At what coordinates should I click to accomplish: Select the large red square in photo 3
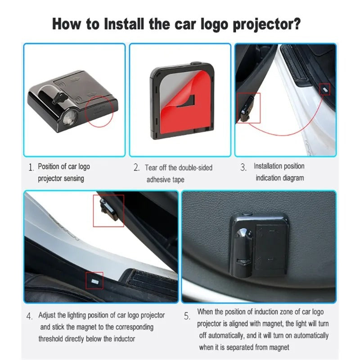pos(249,108)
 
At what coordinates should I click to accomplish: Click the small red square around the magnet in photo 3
pos(324,89)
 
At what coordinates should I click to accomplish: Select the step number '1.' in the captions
pos(31,168)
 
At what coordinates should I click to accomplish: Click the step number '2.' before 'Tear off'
pos(136,168)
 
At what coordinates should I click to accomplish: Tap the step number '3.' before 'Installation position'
pos(243,168)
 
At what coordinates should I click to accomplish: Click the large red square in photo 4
pos(108,211)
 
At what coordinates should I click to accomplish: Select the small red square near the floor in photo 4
pos(94,280)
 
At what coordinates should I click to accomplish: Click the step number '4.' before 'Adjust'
pos(30,316)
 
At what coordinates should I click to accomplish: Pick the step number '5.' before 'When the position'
pos(187,316)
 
